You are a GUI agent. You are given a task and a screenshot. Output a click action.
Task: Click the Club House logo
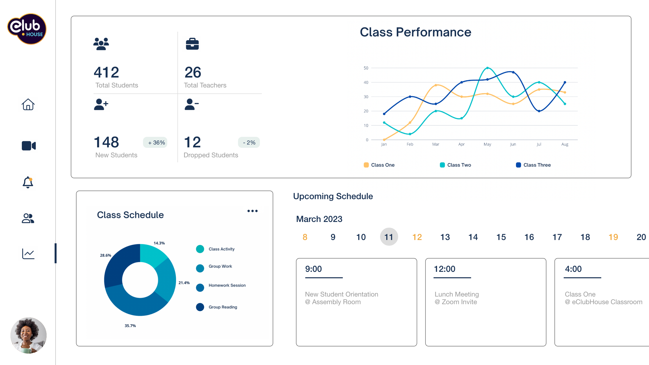coord(27,29)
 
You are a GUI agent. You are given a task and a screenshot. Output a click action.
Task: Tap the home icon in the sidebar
coord(28,104)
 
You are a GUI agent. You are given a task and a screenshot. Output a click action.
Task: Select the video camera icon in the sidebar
coord(29,146)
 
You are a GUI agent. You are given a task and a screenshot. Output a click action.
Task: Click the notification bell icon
coord(28,182)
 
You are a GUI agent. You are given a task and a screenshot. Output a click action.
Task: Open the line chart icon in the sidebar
coord(28,254)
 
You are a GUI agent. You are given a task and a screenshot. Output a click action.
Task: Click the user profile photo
coord(28,335)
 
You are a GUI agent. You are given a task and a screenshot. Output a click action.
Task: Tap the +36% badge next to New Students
coord(155,143)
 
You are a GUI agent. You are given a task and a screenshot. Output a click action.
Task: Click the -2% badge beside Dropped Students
coord(249,143)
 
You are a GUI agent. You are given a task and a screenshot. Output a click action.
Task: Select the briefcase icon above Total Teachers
coord(192,44)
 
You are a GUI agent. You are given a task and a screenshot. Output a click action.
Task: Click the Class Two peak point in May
coord(487,68)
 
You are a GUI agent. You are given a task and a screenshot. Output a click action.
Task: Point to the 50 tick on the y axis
coord(366,68)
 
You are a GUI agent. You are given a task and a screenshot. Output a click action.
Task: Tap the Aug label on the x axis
coord(565,144)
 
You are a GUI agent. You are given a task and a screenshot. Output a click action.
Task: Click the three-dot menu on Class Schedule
coord(252,211)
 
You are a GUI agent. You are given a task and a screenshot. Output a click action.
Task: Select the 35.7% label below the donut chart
coord(130,326)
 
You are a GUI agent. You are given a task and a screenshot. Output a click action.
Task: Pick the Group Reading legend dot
coord(200,307)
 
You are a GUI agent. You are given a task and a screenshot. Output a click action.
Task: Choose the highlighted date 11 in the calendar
coord(389,237)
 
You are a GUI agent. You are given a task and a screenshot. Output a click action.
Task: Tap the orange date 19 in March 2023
coord(613,237)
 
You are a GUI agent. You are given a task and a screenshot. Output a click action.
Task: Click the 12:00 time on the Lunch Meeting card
coord(444,269)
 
